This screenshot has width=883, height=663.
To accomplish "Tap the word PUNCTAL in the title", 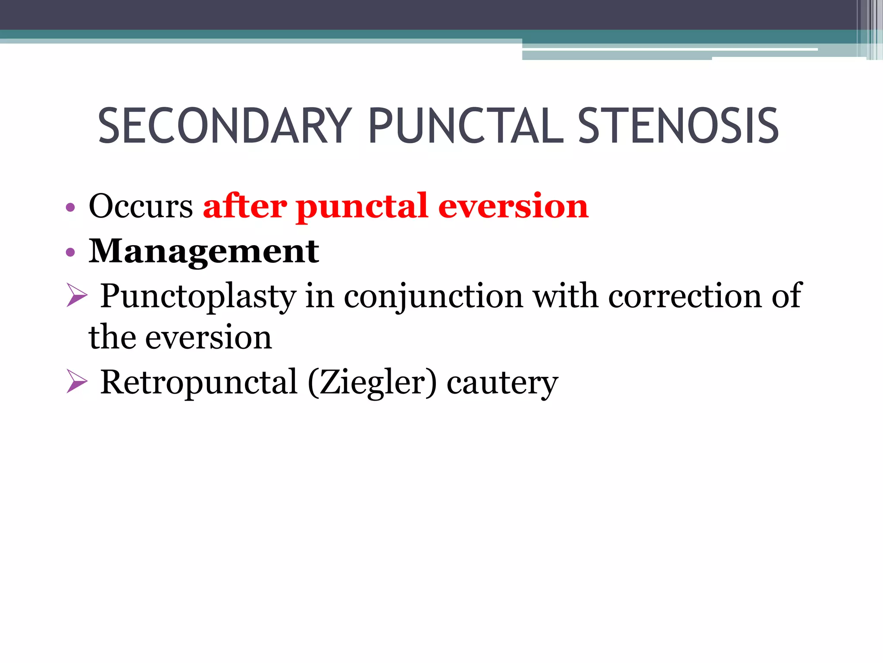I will coord(466,126).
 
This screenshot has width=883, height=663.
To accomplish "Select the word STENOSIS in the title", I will coord(678,126).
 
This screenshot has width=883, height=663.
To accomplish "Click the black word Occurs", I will coord(141,206).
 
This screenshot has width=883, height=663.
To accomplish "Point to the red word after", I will coord(245,206).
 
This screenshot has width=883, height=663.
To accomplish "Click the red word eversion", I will coord(513,206).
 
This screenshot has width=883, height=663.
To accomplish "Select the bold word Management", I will coord(204,251).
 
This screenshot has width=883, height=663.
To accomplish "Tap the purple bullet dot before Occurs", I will coord(70,208).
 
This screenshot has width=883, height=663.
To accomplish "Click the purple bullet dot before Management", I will coord(70,253).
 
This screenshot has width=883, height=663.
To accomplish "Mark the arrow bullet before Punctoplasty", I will coord(77,296).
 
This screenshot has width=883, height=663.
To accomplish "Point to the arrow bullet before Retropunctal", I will coord(77,382).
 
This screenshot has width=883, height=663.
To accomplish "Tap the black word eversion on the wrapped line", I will coord(209,338).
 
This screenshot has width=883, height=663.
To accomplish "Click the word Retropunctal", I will coord(198,382).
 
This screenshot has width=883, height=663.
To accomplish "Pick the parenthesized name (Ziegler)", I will coord(372,382).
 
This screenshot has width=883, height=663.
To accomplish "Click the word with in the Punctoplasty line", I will coord(566,296).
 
